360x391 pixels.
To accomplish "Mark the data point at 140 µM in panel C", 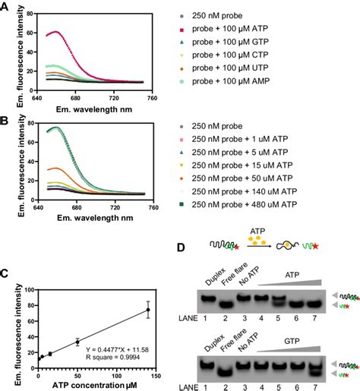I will click(148, 309).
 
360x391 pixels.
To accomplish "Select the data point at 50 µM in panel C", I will click(77, 342).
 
